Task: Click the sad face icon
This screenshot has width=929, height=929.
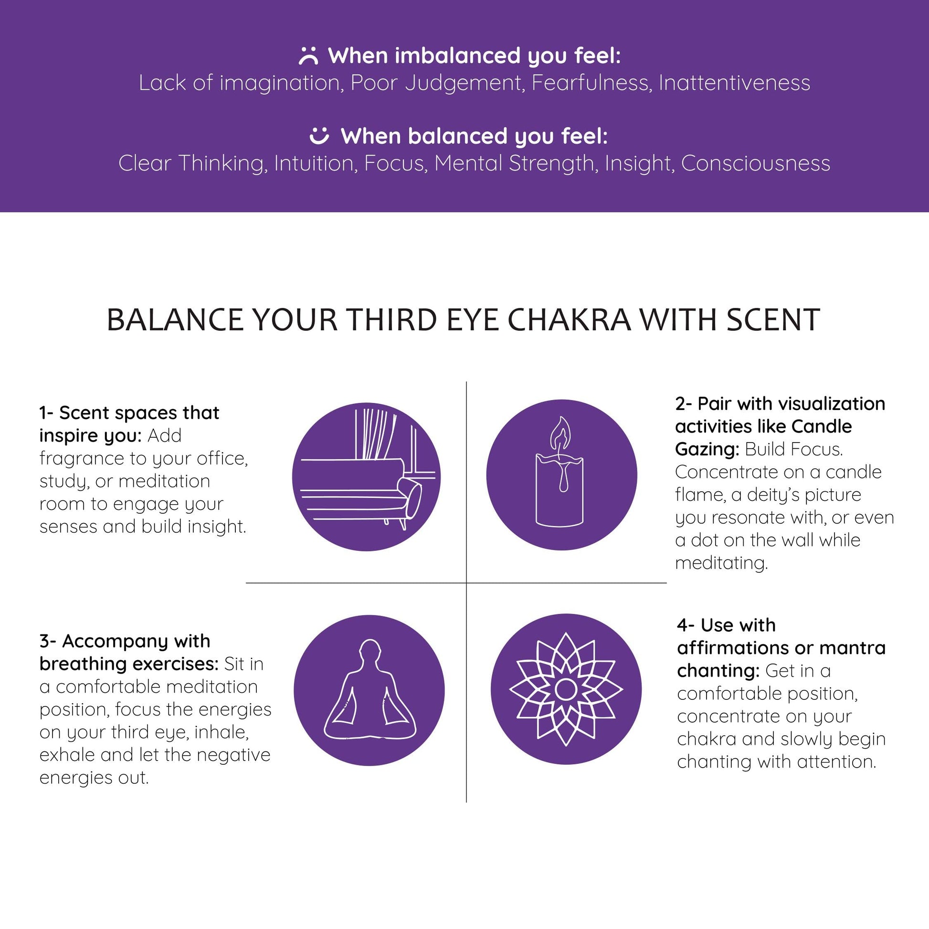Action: coord(308,56)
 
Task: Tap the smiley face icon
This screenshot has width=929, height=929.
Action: coord(319,135)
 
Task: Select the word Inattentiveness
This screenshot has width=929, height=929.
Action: coord(734,83)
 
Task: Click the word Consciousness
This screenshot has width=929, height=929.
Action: coord(755,163)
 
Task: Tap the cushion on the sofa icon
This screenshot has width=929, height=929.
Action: coord(411,497)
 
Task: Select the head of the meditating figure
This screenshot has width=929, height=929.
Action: coord(370,652)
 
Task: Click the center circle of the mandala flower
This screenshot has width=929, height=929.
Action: coord(566,690)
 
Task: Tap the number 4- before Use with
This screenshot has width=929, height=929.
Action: coord(685,625)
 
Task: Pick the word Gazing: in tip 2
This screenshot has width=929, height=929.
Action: coord(707,450)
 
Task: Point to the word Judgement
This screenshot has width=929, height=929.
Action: coord(463,84)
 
